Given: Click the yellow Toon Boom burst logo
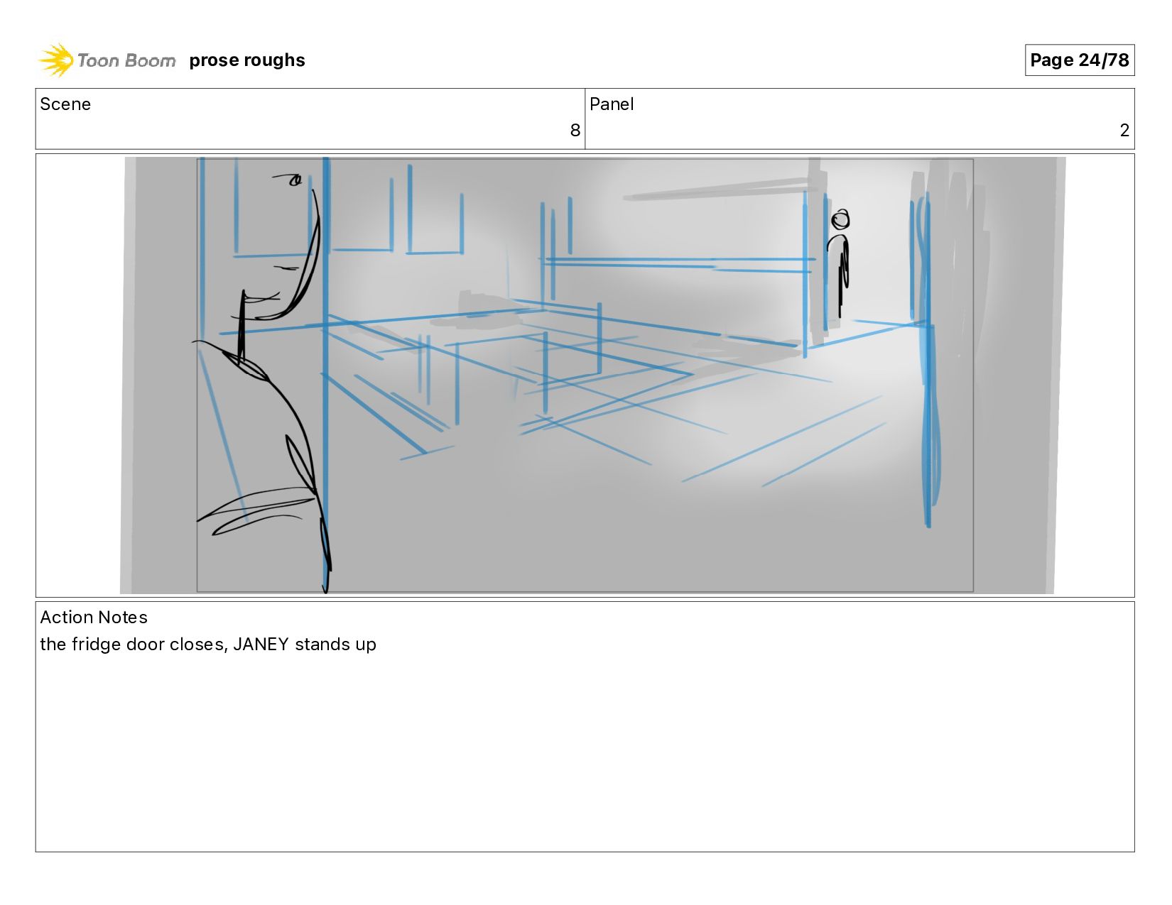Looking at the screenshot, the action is tap(55, 60).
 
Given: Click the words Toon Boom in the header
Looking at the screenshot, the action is tap(126, 60).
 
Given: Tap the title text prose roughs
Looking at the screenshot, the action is tap(247, 60).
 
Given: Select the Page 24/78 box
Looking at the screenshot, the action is tap(1079, 60).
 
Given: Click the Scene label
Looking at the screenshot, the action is tap(65, 104).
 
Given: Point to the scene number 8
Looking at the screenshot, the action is tap(575, 130).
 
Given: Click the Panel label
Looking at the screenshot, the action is tap(611, 104).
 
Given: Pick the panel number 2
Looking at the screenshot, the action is tap(1124, 130).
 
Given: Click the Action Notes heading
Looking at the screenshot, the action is tap(94, 617).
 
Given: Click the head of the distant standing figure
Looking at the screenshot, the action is tap(840, 220).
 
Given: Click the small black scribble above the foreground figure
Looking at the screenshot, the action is tap(289, 179).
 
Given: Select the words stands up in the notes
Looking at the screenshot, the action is tap(335, 645).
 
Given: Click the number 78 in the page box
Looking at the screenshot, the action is tap(1118, 60).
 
